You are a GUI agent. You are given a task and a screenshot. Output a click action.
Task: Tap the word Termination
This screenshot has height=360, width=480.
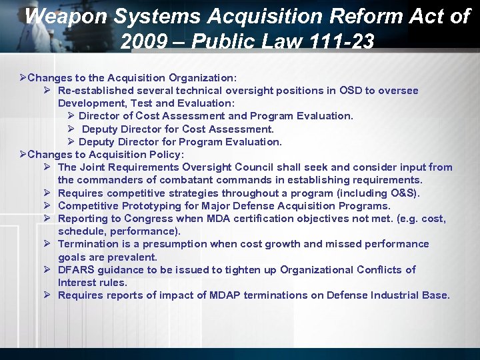(x=90, y=244)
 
